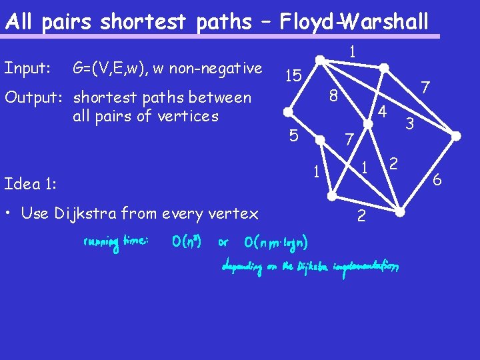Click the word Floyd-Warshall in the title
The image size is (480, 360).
click(x=354, y=22)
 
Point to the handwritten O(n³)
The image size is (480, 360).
click(x=187, y=241)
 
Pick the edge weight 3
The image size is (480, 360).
click(x=411, y=123)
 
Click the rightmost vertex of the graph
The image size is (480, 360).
click(x=456, y=135)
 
